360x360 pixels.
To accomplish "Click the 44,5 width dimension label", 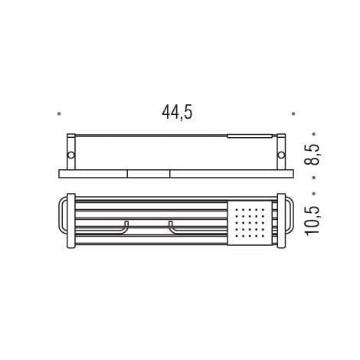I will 176,112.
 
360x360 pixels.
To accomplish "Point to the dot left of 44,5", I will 59,114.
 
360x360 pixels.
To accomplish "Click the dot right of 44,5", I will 293,114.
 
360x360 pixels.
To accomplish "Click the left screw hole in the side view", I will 70,154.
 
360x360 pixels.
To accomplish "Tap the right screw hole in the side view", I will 280,154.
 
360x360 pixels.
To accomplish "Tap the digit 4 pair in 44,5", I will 169,112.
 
